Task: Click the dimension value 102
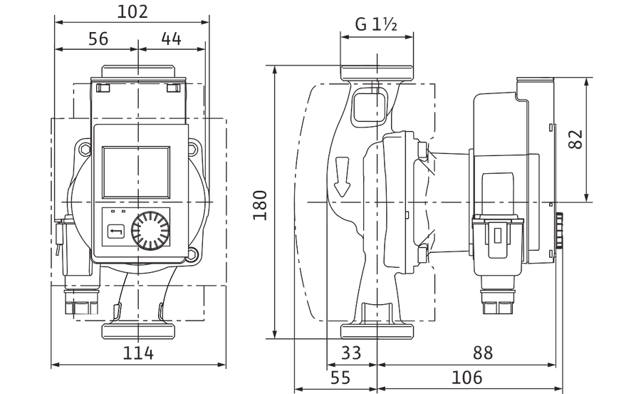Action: (132, 12)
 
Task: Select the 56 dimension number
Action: (98, 39)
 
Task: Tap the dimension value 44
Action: (171, 39)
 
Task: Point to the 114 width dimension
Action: (138, 353)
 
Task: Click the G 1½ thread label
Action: (376, 24)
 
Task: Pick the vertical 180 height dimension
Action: (259, 205)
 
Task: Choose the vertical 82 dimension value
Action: (575, 140)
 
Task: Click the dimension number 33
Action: (350, 353)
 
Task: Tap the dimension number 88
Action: (483, 353)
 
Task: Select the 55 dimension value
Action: (340, 377)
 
